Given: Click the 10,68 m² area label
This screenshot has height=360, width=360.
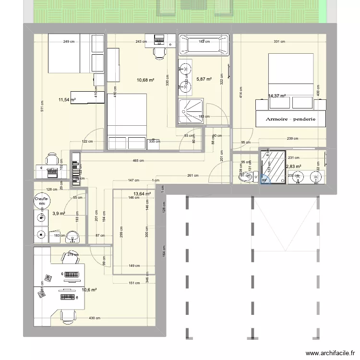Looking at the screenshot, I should [x=145, y=80].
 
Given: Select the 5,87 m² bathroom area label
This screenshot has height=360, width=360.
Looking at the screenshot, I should [x=203, y=80].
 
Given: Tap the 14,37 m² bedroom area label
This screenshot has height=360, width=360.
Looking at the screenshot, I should [x=277, y=96].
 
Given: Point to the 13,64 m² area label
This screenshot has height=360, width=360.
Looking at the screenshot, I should [x=142, y=194].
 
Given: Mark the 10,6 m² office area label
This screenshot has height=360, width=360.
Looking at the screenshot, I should [x=89, y=290].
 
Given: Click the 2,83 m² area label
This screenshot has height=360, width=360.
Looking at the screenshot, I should [x=292, y=167].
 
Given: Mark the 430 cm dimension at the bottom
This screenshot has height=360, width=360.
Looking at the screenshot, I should [x=94, y=318].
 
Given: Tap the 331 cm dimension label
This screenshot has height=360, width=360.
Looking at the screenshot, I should [x=279, y=42].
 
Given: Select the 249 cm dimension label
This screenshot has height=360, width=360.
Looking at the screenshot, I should [x=69, y=42].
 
